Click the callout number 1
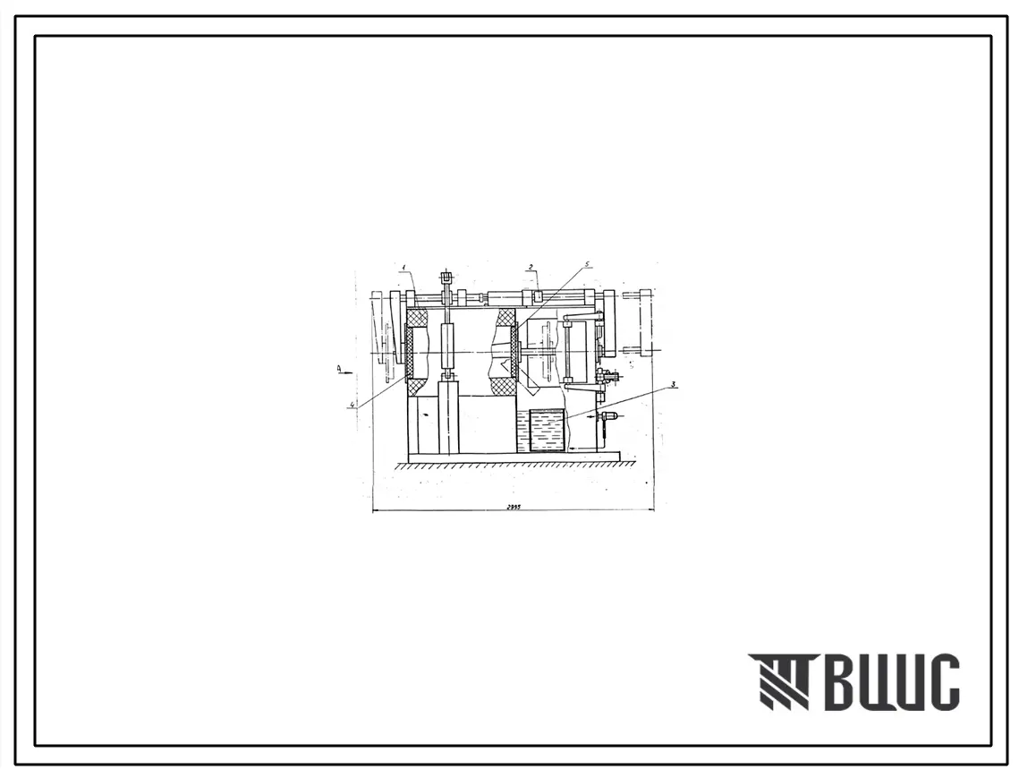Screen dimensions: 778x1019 (404, 267)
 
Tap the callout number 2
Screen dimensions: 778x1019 (531, 267)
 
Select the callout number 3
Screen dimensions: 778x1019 (673, 385)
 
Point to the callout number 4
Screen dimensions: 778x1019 (353, 405)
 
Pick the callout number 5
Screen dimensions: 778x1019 (587, 265)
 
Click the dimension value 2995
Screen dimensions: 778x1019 (513, 506)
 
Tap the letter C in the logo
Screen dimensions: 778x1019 (942, 682)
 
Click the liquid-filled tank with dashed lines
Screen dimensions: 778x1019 (547, 431)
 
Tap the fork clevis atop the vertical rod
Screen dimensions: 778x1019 (446, 278)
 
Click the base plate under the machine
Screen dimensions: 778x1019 (514, 457)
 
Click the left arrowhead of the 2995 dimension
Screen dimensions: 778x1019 (375, 510)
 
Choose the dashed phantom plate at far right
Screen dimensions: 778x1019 (644, 323)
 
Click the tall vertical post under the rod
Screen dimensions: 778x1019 (448, 416)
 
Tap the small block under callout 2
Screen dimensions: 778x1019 (538, 295)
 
